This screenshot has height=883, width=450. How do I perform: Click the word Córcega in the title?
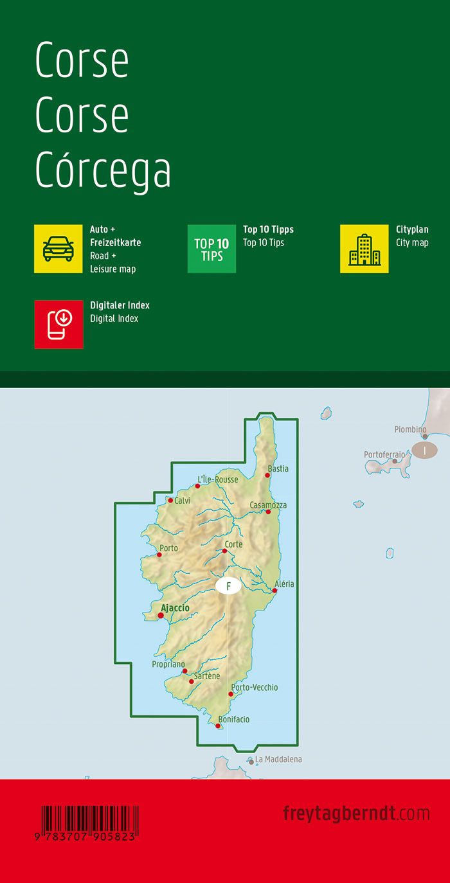point(103,171)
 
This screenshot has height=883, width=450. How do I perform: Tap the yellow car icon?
point(59,249)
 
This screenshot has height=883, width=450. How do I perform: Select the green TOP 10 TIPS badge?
point(212,249)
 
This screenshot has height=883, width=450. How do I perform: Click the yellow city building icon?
point(364,249)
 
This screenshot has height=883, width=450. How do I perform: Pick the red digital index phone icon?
point(59,324)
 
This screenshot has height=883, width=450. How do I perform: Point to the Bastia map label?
point(278,468)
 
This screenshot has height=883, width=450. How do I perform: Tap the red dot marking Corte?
point(224,551)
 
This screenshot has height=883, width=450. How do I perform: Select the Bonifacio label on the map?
point(234,719)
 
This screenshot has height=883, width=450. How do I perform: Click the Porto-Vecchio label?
point(255,687)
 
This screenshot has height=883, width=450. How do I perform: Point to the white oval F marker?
point(228,586)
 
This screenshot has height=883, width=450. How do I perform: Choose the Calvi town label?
point(182,501)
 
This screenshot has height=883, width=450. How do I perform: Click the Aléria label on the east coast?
point(284,584)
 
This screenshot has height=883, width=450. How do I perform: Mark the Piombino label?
point(410,429)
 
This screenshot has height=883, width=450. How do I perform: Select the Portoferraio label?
point(384,454)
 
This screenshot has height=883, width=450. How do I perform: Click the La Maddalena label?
point(278,759)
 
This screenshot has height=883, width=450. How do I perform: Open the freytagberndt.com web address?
point(356,813)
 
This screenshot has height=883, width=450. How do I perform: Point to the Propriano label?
point(168,664)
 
